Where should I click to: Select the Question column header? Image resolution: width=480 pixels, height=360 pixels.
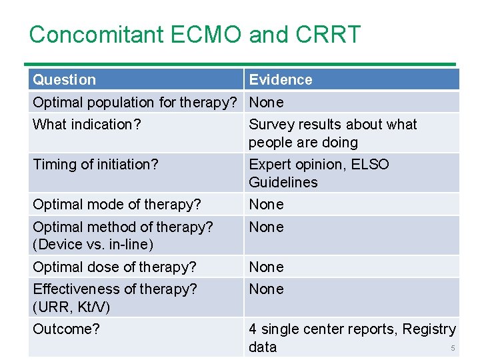pyautogui.click(x=65, y=80)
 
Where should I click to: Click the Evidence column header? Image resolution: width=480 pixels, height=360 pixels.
pyautogui.click(x=281, y=80)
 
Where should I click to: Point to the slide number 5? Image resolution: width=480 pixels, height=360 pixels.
pyautogui.click(x=453, y=349)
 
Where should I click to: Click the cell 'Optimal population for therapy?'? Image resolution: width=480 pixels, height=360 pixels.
pyautogui.click(x=135, y=103)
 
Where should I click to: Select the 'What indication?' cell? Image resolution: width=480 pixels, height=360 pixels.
pyautogui.click(x=87, y=125)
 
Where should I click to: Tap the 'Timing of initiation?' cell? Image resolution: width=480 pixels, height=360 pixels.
pyautogui.click(x=95, y=165)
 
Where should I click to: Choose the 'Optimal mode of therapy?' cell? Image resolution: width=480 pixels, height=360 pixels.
pyautogui.click(x=117, y=205)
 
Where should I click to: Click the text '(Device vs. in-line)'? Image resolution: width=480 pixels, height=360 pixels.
pyautogui.click(x=93, y=245)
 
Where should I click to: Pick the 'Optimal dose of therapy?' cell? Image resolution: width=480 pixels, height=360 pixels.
pyautogui.click(x=115, y=267)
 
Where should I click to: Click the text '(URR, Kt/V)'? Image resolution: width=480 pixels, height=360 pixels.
pyautogui.click(x=71, y=307)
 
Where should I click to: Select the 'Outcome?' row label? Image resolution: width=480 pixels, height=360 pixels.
pyautogui.click(x=66, y=329)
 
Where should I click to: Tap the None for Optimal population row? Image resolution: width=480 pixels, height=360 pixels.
pyautogui.click(x=266, y=103)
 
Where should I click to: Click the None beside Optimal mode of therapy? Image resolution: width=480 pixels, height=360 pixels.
pyautogui.click(x=266, y=205)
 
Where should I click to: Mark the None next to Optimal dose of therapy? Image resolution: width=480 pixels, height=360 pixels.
pyautogui.click(x=266, y=267)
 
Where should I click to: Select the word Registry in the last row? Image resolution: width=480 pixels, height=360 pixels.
pyautogui.click(x=430, y=329)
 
